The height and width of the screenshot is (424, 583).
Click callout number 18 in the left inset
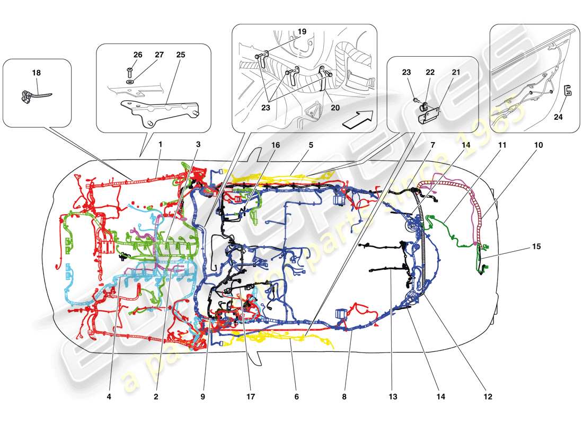point(36,73)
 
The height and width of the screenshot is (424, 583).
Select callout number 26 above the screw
point(137,55)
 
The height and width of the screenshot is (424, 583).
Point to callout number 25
point(181,55)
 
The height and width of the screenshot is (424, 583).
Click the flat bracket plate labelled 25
point(159,109)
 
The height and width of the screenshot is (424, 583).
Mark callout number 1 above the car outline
point(160,144)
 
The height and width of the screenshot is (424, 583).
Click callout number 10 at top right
point(538,144)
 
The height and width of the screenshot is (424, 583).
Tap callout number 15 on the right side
point(537,247)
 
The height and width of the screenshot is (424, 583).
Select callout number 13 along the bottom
point(391,396)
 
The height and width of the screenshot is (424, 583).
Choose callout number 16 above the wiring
point(276,144)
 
